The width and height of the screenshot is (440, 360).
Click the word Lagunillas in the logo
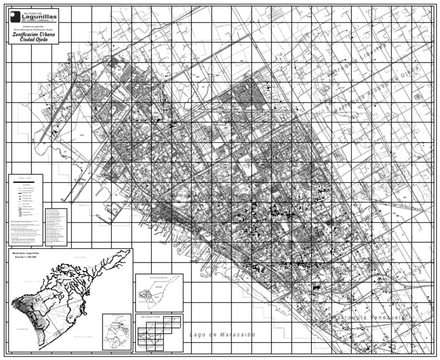point(36,17)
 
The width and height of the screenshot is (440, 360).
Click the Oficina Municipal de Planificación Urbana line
point(32,29)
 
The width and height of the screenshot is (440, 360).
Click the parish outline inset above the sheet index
point(159,292)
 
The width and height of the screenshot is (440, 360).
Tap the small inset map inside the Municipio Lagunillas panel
point(117,331)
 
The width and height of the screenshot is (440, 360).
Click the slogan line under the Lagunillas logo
point(36,22)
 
